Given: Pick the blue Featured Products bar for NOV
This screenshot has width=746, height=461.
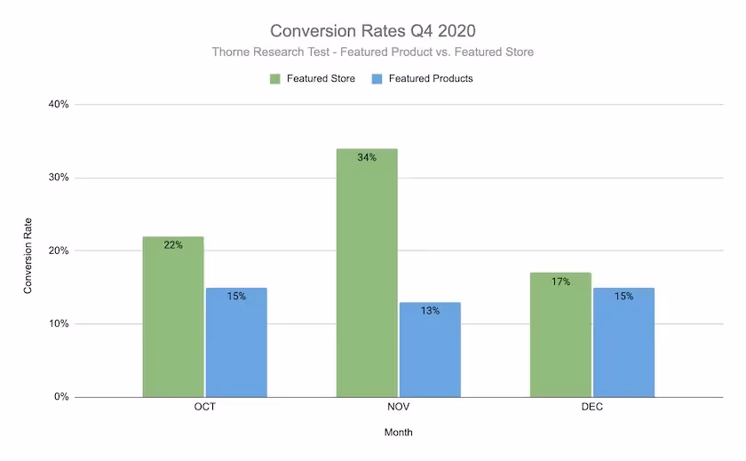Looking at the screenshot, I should (x=430, y=350).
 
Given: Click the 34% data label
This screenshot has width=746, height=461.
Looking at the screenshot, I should (x=367, y=158).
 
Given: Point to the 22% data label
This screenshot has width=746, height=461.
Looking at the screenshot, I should (x=173, y=245).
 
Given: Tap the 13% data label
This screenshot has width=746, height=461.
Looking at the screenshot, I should (x=430, y=311).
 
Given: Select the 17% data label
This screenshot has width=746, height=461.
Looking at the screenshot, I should (x=560, y=282).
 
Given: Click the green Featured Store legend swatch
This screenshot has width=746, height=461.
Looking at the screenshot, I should (x=276, y=79).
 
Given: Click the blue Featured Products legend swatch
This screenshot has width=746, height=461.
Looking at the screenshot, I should (x=377, y=79).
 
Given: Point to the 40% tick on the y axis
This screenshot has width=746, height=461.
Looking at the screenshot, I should (x=59, y=105).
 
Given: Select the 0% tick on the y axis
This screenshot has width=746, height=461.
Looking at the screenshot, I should (x=61, y=397).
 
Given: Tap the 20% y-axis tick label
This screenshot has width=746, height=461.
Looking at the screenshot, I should (x=59, y=250).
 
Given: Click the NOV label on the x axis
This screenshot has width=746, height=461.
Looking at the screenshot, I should (x=398, y=408).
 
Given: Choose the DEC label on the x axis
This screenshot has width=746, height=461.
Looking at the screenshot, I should (x=592, y=408).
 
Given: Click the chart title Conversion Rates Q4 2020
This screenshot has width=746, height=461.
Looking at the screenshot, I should (x=373, y=31).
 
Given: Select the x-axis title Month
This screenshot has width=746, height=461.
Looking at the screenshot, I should (x=398, y=433).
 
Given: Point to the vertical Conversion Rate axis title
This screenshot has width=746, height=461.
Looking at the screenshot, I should (x=28, y=256).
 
